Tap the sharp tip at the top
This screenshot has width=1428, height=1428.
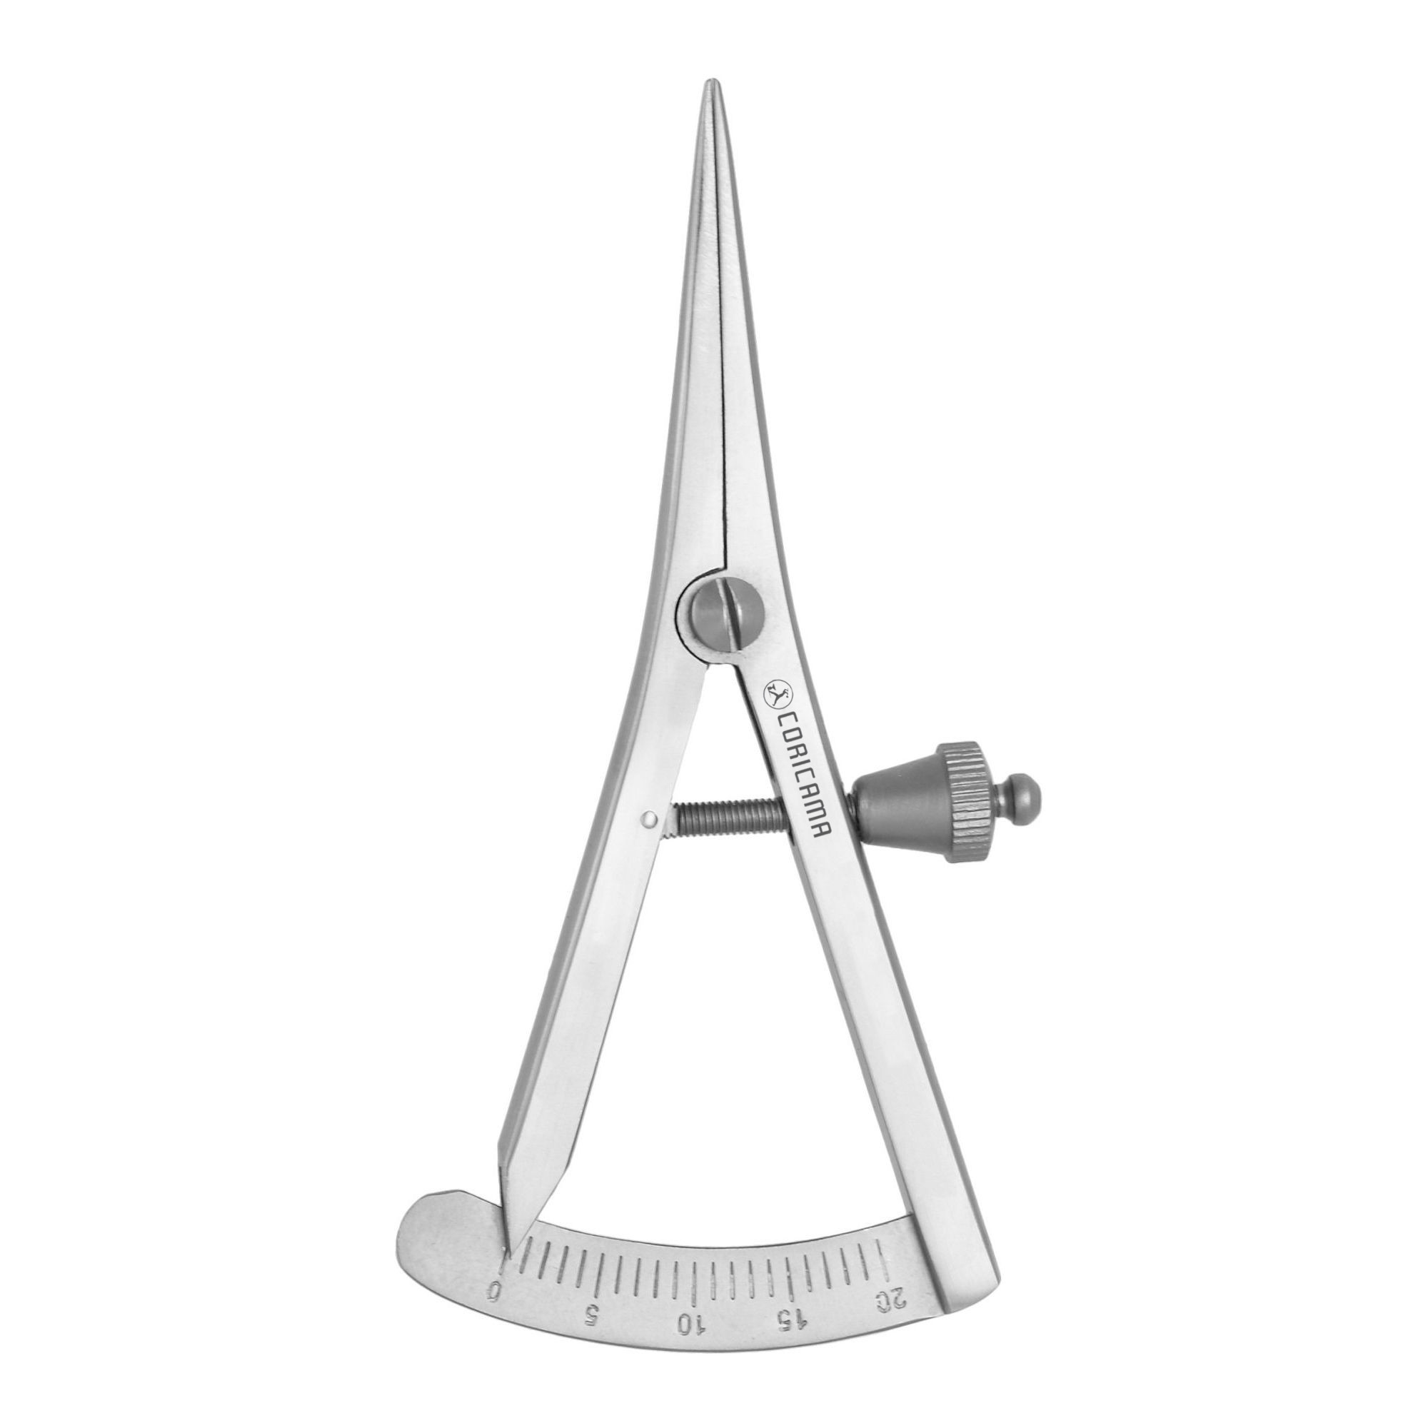[x=710, y=80]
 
